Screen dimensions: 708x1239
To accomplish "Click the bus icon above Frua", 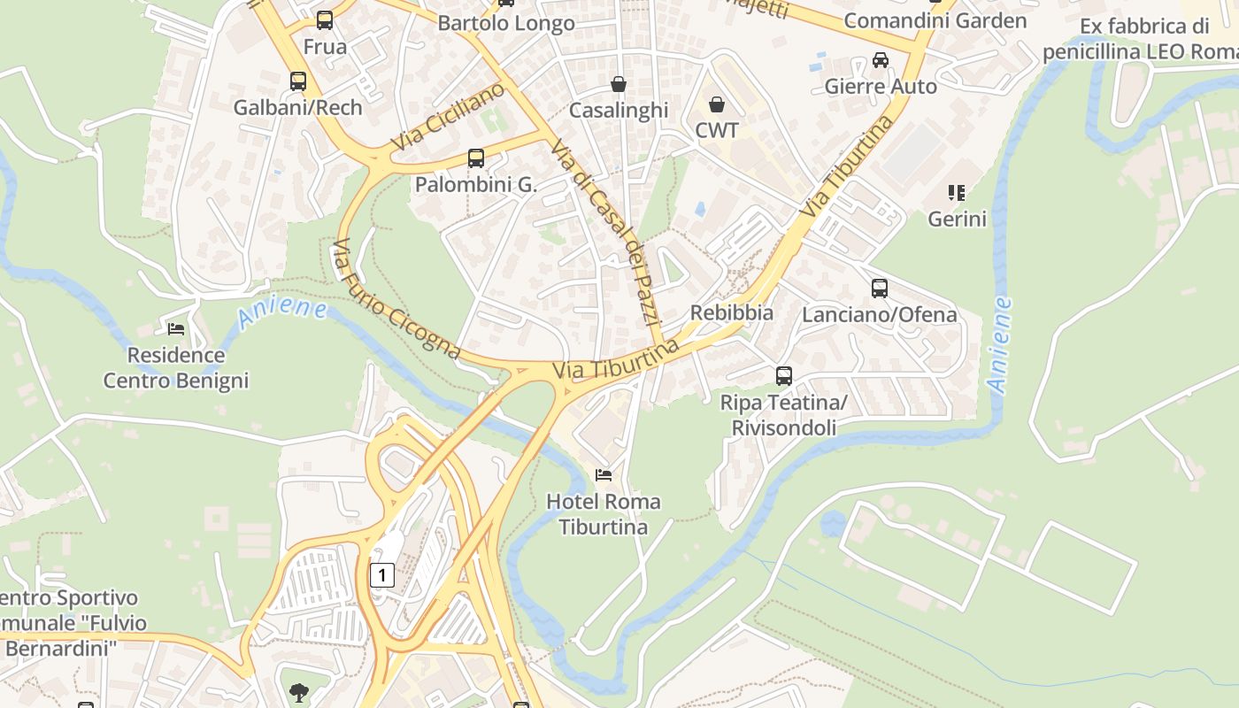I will [x=325, y=20].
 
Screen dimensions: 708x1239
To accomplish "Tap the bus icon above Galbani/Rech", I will [x=298, y=81].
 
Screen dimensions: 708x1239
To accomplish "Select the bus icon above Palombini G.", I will [x=476, y=158].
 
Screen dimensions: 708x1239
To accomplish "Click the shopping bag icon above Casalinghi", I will [x=619, y=84].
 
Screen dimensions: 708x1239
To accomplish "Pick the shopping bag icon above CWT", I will [x=717, y=104].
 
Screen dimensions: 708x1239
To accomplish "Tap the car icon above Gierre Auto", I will [x=881, y=60].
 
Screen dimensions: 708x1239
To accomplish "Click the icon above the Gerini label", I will [x=957, y=192].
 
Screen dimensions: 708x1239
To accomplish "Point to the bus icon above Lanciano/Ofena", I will [x=880, y=289].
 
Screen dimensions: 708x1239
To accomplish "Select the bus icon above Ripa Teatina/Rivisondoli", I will [x=784, y=376].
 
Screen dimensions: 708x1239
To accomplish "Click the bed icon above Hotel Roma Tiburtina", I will [x=604, y=475].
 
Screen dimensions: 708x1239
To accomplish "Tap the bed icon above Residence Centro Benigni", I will [x=176, y=329].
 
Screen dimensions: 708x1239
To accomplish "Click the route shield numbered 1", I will [x=381, y=575].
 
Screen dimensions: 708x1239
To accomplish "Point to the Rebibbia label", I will [x=732, y=312].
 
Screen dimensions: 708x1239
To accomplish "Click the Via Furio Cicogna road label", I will [x=396, y=298].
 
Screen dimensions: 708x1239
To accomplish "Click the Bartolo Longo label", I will [x=506, y=23].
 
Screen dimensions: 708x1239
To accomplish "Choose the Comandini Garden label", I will [x=935, y=20].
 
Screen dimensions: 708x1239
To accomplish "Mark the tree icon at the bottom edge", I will [x=299, y=693].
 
